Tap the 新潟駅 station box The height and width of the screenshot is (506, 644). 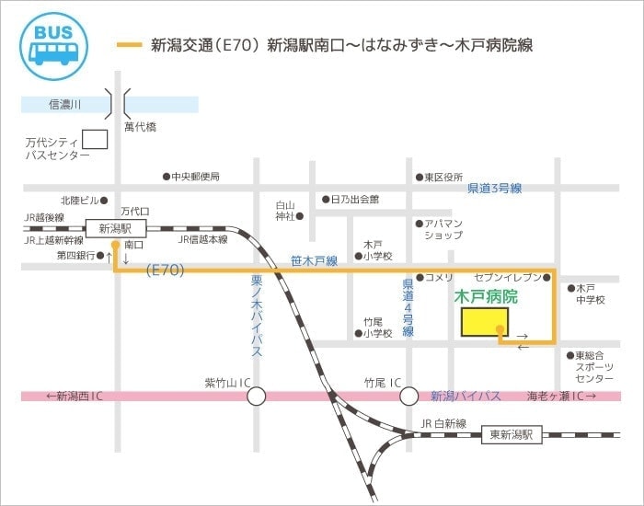115,227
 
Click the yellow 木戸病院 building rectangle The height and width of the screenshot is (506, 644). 484,322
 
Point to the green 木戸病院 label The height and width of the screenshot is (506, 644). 486,297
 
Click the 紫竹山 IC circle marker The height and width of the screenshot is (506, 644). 255,396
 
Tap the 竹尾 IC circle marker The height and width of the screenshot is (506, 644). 408,396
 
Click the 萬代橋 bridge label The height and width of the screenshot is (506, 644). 140,125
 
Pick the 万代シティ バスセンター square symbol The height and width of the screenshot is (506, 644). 95,140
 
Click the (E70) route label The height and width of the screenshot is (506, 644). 166,270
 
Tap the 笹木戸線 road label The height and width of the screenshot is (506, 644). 314,261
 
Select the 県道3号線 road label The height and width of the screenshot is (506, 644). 494,189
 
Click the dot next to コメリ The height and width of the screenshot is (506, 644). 420,277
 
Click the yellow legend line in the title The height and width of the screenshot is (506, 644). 131,45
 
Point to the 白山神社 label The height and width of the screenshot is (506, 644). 287,211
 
